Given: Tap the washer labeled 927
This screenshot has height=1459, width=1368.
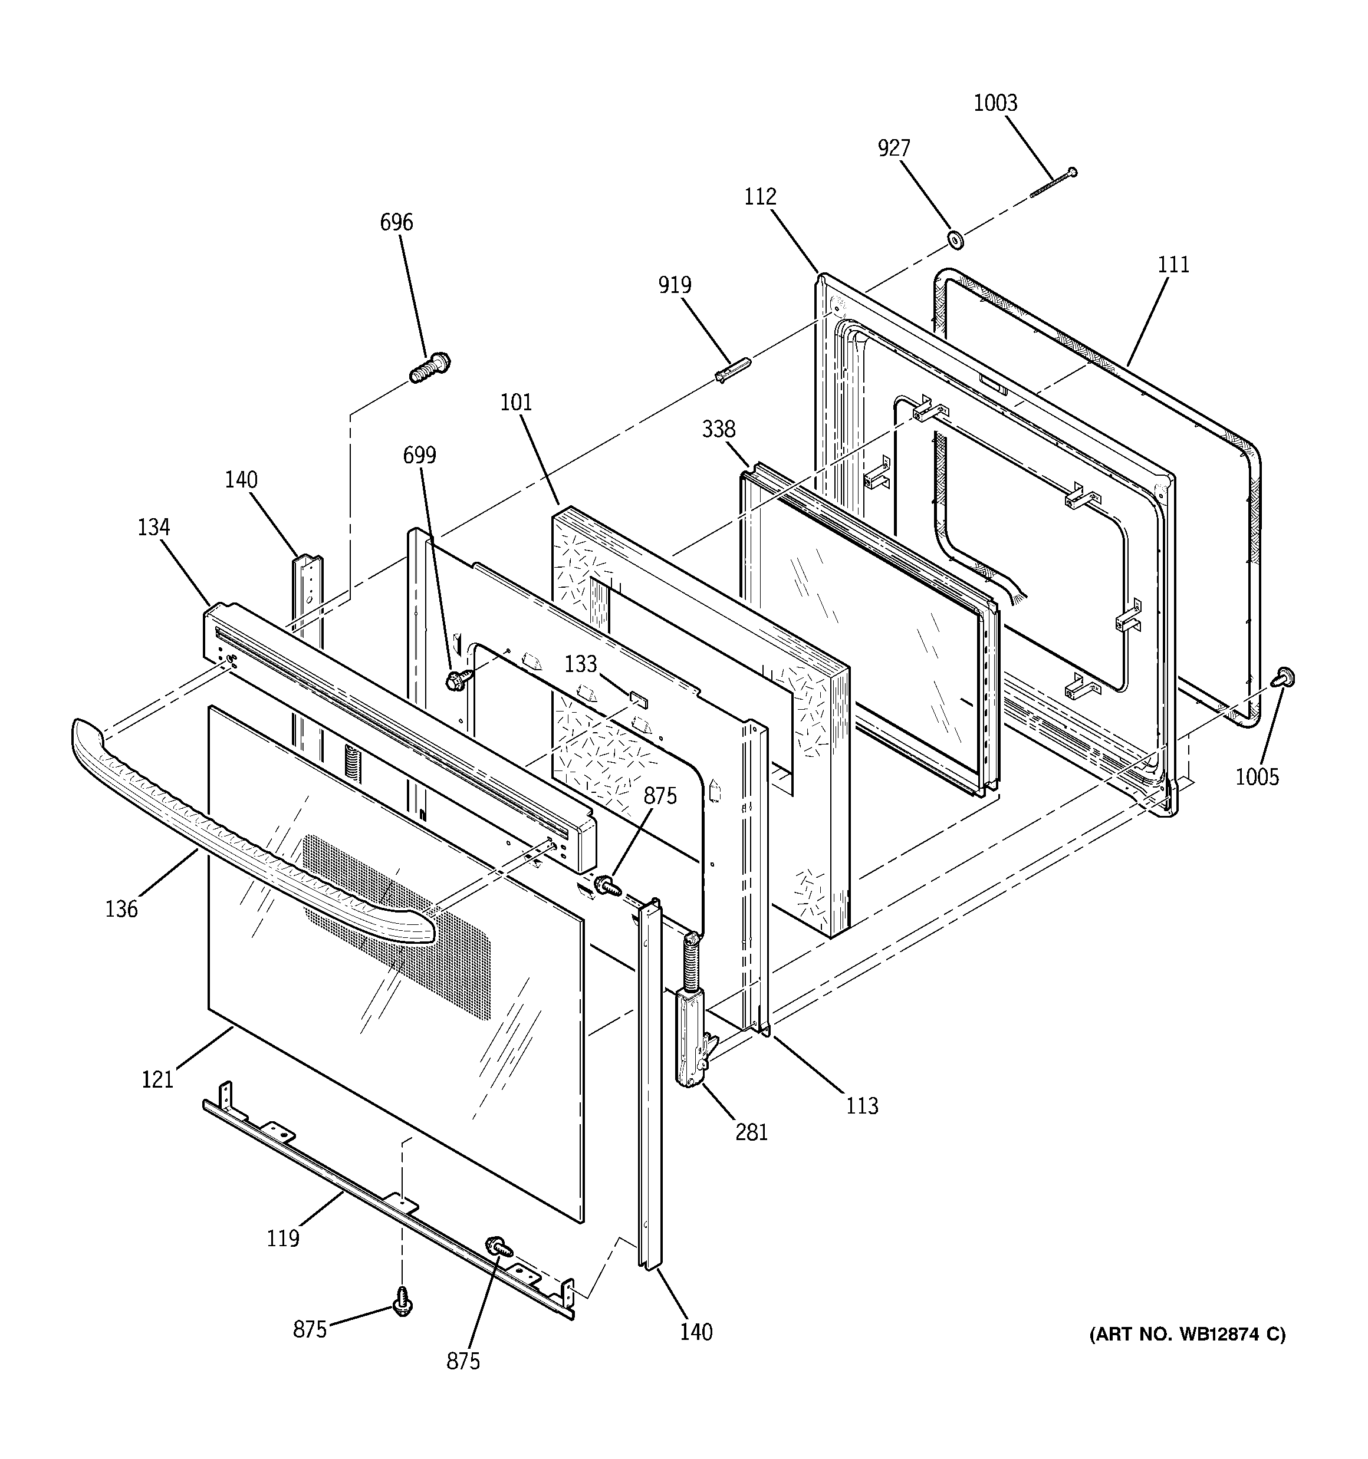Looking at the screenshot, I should pyautogui.click(x=955, y=239).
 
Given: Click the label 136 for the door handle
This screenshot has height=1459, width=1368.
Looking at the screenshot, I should pyautogui.click(x=121, y=910).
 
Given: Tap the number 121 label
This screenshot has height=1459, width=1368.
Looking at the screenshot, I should pyautogui.click(x=157, y=1079).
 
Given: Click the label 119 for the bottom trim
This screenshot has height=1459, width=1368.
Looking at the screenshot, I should pyautogui.click(x=282, y=1239).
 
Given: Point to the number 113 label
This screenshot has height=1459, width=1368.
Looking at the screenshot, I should pyautogui.click(x=861, y=1105).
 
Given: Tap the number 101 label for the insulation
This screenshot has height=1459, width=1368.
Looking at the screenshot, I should pyautogui.click(x=516, y=402).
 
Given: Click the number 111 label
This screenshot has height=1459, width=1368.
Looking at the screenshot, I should pyautogui.click(x=1173, y=264).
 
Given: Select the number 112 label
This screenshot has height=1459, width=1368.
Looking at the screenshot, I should pyautogui.click(x=759, y=197).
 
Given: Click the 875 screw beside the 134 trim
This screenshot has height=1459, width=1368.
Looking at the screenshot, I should pyautogui.click(x=607, y=884).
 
